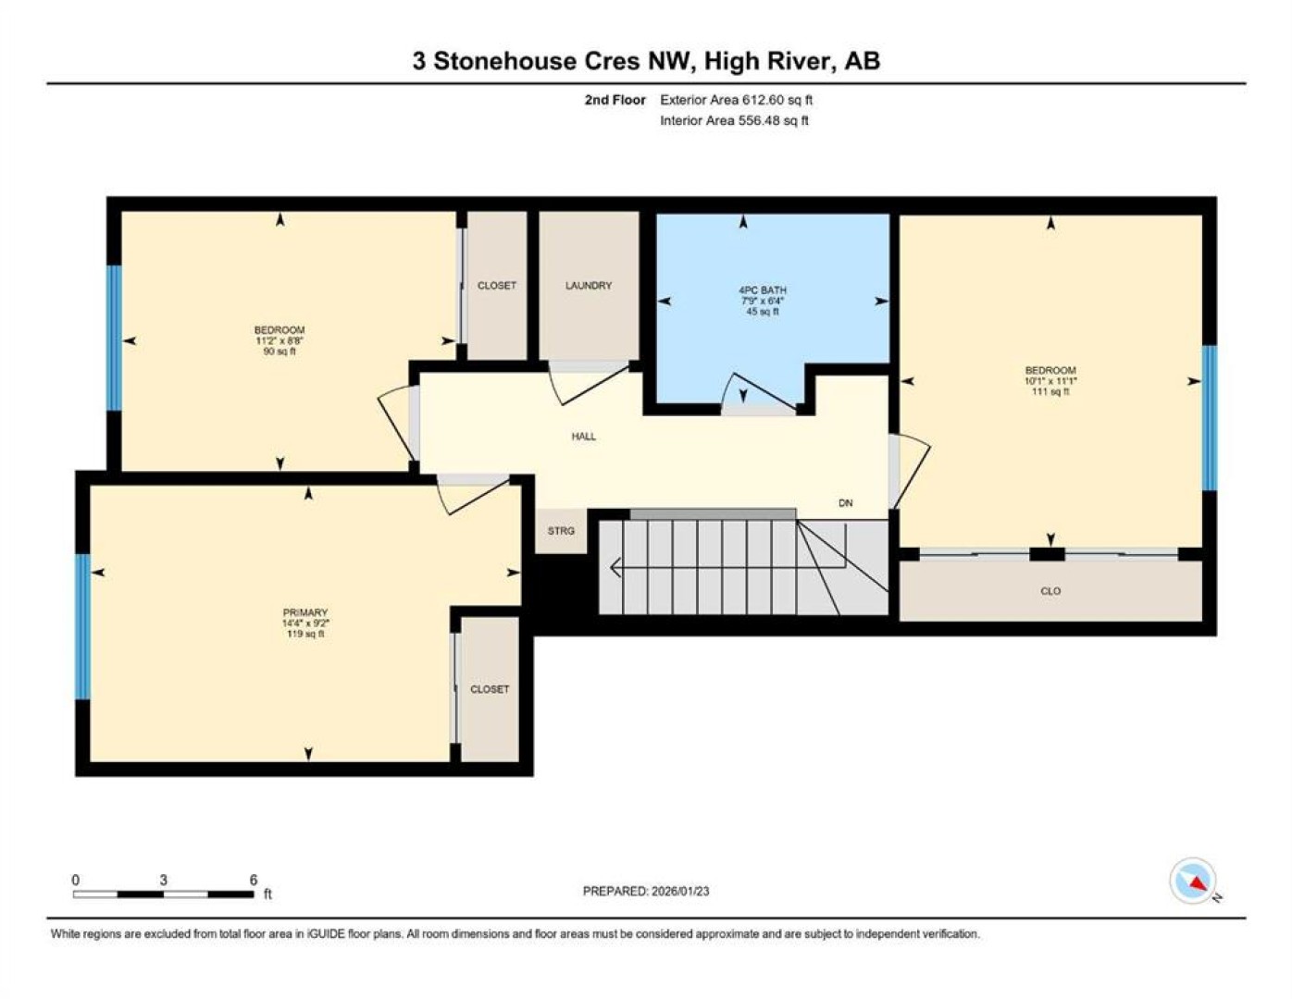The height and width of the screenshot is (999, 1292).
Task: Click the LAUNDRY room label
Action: [588, 285]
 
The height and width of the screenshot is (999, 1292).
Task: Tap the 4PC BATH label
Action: [763, 290]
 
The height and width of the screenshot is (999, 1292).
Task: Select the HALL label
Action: [583, 437]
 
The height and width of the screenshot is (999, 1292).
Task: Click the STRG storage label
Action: [561, 531]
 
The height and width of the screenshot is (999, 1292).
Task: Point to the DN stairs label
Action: [845, 503]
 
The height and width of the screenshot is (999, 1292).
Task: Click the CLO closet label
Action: [1050, 591]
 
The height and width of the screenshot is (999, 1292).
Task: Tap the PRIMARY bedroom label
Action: [305, 612]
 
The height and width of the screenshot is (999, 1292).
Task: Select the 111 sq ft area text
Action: [1050, 391]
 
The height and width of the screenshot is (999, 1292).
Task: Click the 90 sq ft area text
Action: [279, 351]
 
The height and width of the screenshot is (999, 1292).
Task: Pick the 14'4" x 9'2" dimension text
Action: [305, 623]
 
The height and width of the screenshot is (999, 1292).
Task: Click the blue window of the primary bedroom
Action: [82, 626]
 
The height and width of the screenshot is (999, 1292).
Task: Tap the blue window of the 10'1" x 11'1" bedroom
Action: [1209, 418]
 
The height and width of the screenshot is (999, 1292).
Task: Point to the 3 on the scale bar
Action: [163, 880]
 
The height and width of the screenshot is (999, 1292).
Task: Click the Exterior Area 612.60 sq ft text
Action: [736, 100]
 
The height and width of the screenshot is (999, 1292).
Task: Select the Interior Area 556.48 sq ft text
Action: [734, 120]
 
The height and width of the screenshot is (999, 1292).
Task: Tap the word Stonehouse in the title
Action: [504, 61]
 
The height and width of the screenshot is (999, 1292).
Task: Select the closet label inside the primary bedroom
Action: [490, 689]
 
